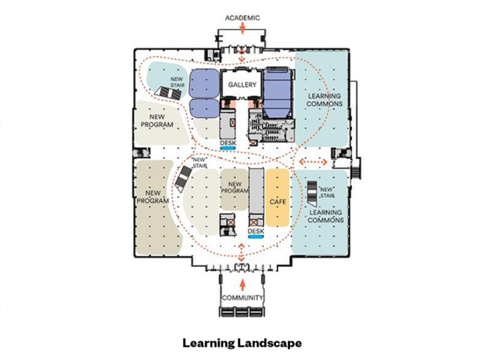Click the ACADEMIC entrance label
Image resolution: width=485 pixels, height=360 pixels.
pyautogui.click(x=242, y=18)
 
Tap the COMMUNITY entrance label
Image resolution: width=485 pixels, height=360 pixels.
pyautogui.click(x=242, y=297)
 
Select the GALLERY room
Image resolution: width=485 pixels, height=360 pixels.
pyautogui.click(x=242, y=85)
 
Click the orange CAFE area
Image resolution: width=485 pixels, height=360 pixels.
pyautogui.click(x=278, y=197)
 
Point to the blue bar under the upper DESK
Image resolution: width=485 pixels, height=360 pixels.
pyautogui.click(x=228, y=148)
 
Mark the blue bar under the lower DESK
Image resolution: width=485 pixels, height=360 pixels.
pyautogui.click(x=256, y=237)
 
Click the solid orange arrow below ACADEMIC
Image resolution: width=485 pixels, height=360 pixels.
pyautogui.click(x=242, y=28)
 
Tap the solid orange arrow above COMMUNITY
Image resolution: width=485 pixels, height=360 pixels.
pyautogui.click(x=242, y=285)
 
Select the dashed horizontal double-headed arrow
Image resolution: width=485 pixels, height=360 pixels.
pyautogui.click(x=313, y=162)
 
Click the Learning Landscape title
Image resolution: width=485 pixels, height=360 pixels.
pyautogui.click(x=242, y=343)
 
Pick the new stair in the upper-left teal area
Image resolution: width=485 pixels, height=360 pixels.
pyautogui.click(x=168, y=92)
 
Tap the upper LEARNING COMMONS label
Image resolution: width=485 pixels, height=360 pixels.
pyautogui.click(x=325, y=100)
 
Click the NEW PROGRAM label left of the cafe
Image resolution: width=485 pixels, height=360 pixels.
pyautogui.click(x=235, y=188)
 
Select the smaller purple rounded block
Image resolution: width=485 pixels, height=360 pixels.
pyautogui.click(x=204, y=108)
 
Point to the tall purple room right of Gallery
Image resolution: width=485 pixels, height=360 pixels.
pyautogui.click(x=278, y=93)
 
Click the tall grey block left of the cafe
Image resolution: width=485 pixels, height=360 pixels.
pyautogui.click(x=256, y=197)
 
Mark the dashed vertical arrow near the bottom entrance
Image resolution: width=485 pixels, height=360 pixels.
pyautogui.click(x=241, y=252)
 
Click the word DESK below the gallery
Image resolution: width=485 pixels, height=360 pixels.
pyautogui.click(x=228, y=142)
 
